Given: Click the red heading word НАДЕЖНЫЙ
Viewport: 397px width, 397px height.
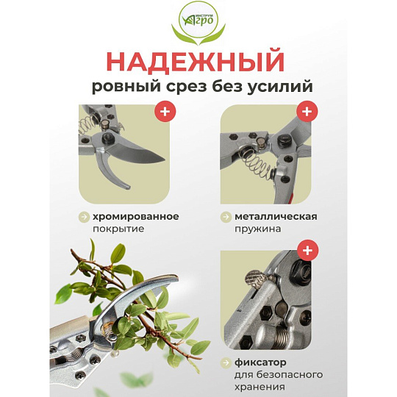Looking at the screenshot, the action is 196,62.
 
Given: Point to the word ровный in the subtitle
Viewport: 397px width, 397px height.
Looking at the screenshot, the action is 126,87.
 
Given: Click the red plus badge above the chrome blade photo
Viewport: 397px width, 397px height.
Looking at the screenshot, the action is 165,112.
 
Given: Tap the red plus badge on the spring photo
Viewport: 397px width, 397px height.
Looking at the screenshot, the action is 307,112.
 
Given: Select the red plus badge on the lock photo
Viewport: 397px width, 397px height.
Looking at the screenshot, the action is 307,250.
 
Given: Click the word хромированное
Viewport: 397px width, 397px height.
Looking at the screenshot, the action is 136,217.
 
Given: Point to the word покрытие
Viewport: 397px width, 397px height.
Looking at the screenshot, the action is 118,229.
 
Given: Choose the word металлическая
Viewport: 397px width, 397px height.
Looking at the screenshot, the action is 276,217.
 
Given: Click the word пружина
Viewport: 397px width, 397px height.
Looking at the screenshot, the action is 257,229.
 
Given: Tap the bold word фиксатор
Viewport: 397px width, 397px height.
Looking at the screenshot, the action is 260,362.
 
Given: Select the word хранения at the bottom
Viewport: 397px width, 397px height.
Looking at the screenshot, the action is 260,387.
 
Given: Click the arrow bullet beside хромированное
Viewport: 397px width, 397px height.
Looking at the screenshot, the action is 84,217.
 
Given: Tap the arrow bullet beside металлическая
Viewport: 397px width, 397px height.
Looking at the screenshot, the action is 226,217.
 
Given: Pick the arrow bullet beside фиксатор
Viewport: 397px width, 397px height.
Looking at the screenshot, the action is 226,362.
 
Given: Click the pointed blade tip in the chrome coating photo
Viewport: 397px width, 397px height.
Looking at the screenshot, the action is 163,160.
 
